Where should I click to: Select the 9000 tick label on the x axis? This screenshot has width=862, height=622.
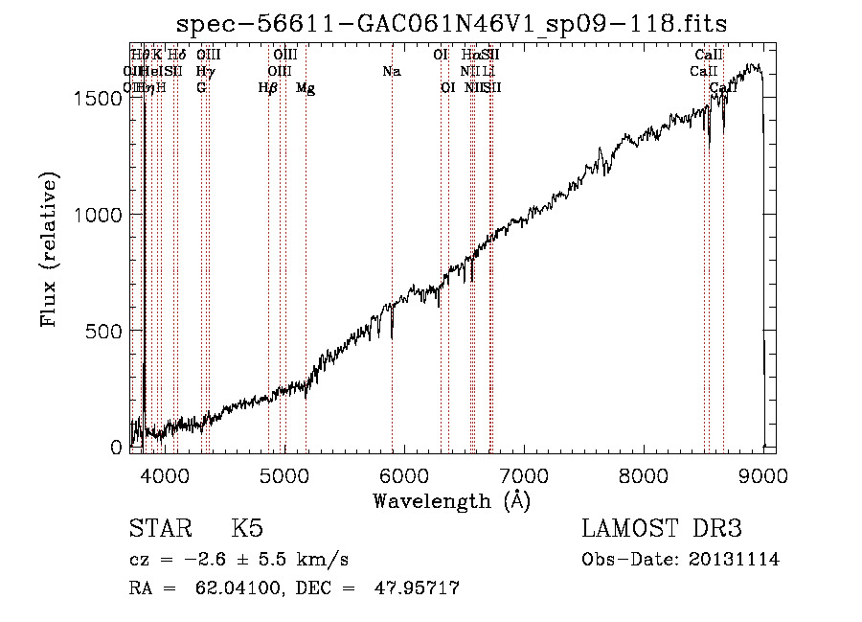(x=763, y=474)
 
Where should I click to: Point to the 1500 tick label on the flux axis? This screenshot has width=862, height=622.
(x=100, y=99)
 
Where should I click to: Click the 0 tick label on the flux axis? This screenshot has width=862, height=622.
(x=118, y=448)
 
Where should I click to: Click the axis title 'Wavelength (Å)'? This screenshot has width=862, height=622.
(x=451, y=499)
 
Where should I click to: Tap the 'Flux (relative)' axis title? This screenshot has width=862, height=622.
(x=51, y=249)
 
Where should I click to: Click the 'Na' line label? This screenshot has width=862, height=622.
(x=391, y=71)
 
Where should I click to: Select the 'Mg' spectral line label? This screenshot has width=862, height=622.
(x=306, y=88)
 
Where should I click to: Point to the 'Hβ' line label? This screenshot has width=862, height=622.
(x=268, y=88)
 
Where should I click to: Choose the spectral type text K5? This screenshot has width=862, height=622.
(x=247, y=529)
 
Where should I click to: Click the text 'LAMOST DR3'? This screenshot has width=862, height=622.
(x=661, y=529)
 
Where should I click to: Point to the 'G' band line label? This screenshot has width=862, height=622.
(x=201, y=88)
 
